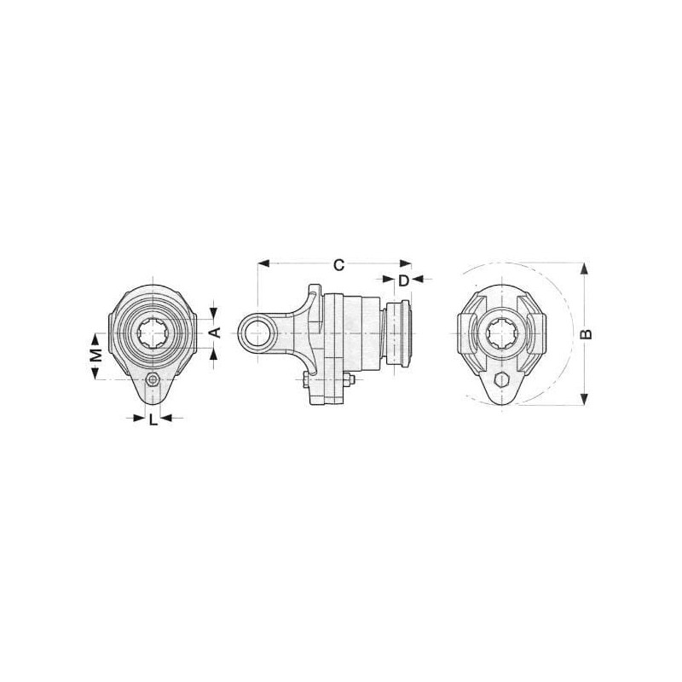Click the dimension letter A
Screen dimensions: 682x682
216,332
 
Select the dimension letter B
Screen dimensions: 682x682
587,333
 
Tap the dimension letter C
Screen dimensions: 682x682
338,265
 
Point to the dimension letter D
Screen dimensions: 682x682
403,281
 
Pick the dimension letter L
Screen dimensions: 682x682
153,420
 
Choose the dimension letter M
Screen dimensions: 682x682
96,355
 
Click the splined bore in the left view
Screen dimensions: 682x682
153,333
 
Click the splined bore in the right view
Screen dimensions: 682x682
501,333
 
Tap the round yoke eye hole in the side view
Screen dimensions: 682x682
258,333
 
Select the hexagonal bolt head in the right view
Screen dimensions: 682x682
501,380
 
